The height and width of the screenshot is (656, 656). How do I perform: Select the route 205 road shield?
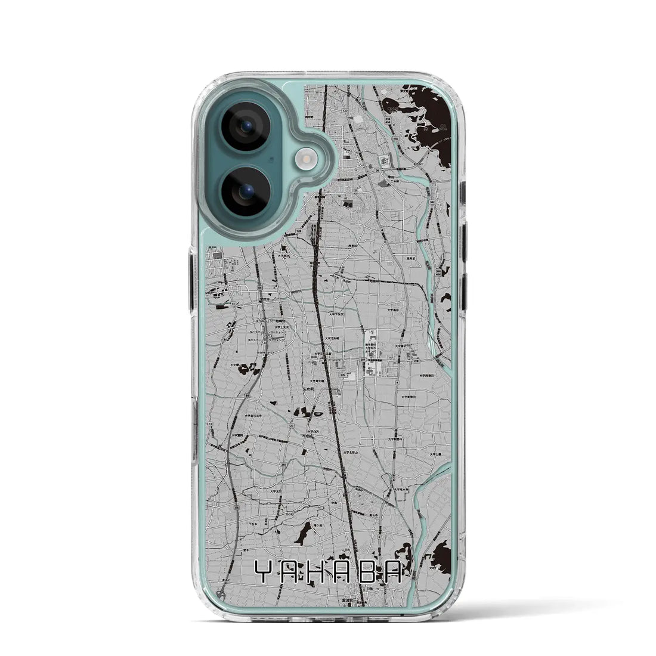[341, 376]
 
